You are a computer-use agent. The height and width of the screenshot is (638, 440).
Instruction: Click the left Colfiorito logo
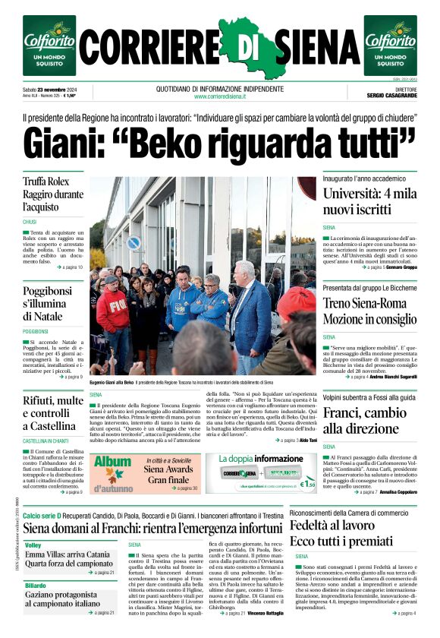49,46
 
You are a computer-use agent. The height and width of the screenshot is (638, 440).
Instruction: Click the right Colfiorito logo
390,46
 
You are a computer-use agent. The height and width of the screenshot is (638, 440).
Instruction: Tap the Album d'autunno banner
113,472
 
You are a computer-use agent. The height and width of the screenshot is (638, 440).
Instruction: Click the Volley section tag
33,545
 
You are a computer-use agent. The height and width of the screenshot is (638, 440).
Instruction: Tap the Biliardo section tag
36,586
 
